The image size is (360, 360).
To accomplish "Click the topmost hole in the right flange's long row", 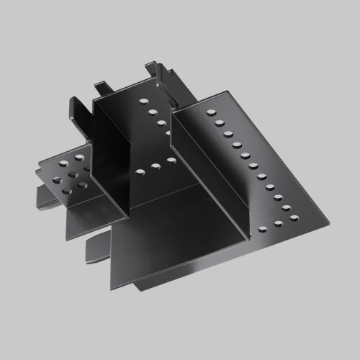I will point(212,112).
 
